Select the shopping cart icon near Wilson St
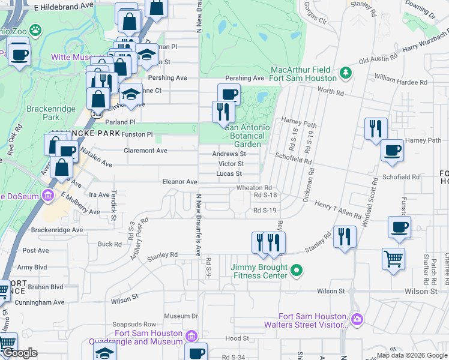(x=393, y=259)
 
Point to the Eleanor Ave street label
(x=179, y=182)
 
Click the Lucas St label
(x=230, y=174)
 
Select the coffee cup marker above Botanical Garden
(x=229, y=94)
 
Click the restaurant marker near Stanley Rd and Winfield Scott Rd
(x=345, y=236)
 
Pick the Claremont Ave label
(x=145, y=151)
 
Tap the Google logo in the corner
(x=20, y=353)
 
